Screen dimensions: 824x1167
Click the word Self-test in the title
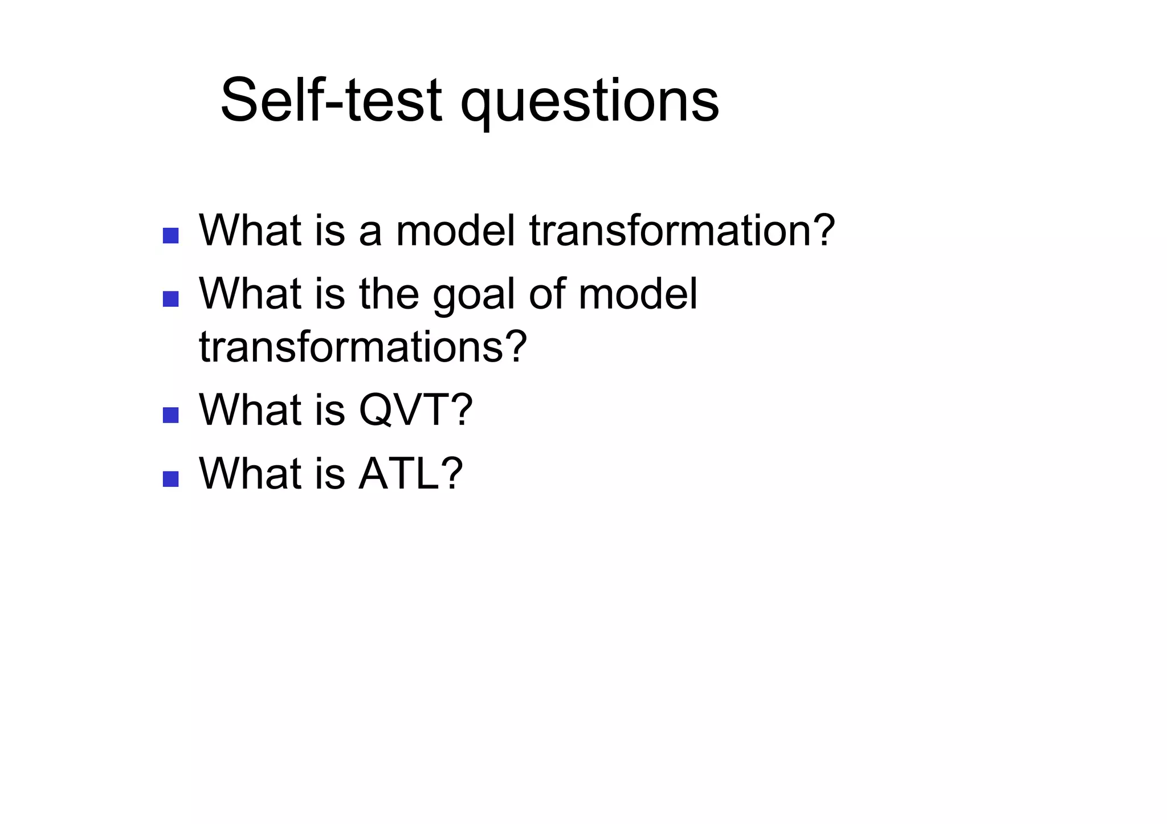[331, 101]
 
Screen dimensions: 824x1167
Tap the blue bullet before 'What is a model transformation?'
[170, 236]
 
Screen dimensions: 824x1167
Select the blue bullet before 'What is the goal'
[170, 299]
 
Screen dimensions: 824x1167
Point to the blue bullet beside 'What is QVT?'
[170, 415]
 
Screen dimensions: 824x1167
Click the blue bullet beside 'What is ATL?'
[170, 478]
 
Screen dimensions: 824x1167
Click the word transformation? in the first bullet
[682, 231]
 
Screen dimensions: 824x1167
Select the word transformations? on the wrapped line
[362, 347]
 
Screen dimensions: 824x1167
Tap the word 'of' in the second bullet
[546, 294]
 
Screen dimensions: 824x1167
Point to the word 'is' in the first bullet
[330, 231]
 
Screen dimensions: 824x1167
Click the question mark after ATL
[452, 473]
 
